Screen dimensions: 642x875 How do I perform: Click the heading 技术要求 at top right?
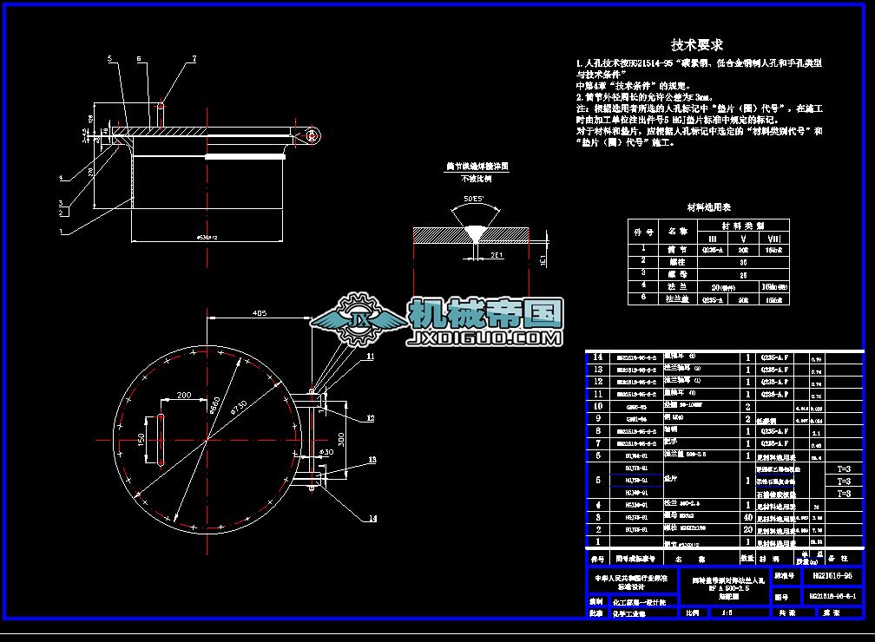coord(697,44)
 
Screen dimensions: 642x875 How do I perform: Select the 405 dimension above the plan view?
coord(259,312)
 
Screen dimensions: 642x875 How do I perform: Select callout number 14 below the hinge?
coord(372,519)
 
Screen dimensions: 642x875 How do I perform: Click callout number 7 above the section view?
coord(194,58)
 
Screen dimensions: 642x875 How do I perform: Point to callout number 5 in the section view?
coord(110,58)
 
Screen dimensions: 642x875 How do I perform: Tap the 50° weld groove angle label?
coord(474,200)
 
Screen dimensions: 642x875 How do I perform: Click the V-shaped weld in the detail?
coord(474,235)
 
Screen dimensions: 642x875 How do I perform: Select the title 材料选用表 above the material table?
coord(709,207)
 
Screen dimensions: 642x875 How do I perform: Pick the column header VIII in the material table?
coord(773,237)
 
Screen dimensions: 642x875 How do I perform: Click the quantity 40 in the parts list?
coord(747,517)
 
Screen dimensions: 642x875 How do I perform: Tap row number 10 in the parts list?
coord(596,406)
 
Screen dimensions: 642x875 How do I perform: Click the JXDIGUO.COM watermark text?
coord(485,337)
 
